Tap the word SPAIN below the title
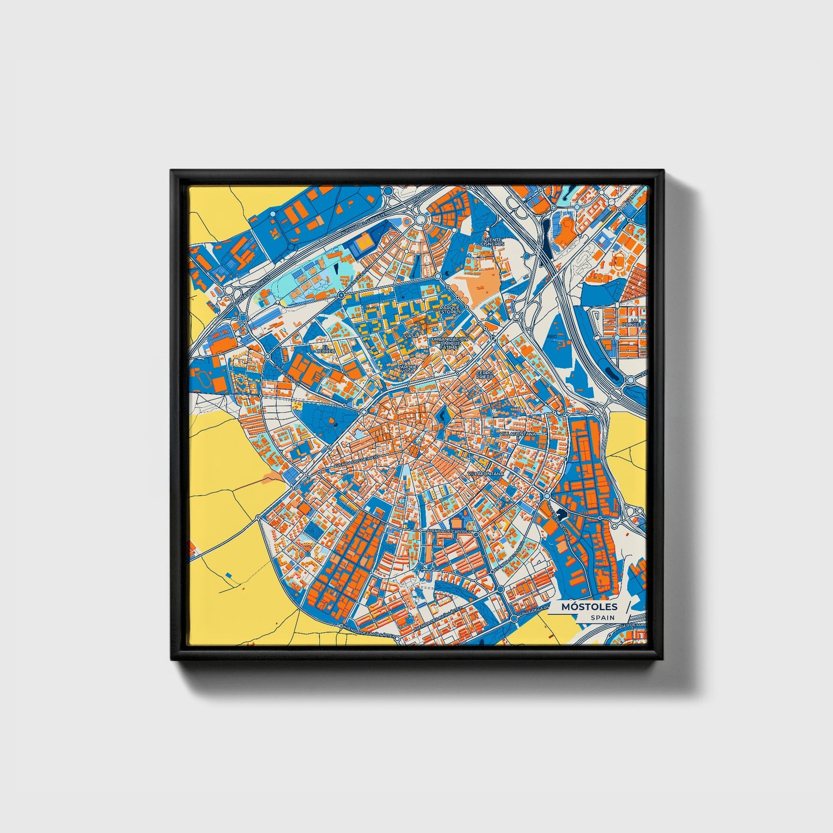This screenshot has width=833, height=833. [x=602, y=617]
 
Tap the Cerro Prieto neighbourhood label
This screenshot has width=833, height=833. [x=484, y=375]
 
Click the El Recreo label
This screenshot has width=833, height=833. [x=328, y=348]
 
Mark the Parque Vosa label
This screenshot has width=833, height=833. [x=407, y=368]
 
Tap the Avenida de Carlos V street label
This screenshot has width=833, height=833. [x=449, y=530]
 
